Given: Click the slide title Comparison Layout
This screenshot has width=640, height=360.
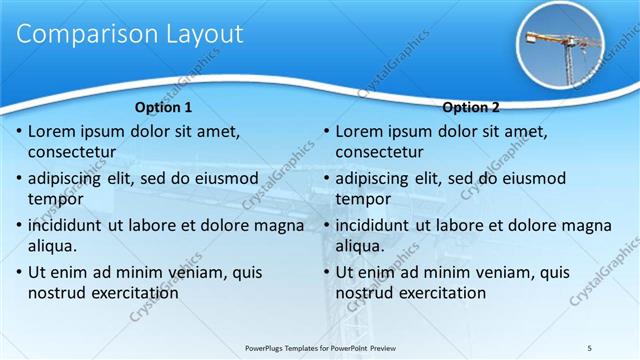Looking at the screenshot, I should click(x=130, y=34).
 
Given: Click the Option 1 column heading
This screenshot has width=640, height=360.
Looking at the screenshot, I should click(x=162, y=107).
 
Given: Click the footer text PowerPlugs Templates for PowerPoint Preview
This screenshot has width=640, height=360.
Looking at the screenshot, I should click(x=320, y=347).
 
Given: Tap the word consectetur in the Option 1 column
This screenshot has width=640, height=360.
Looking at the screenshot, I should click(x=72, y=152).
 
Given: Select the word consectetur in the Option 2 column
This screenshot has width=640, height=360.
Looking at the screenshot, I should click(x=379, y=152).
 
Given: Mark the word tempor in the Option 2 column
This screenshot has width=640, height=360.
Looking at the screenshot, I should click(x=363, y=199).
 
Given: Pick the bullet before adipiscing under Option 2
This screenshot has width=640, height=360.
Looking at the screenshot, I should click(x=325, y=179).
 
